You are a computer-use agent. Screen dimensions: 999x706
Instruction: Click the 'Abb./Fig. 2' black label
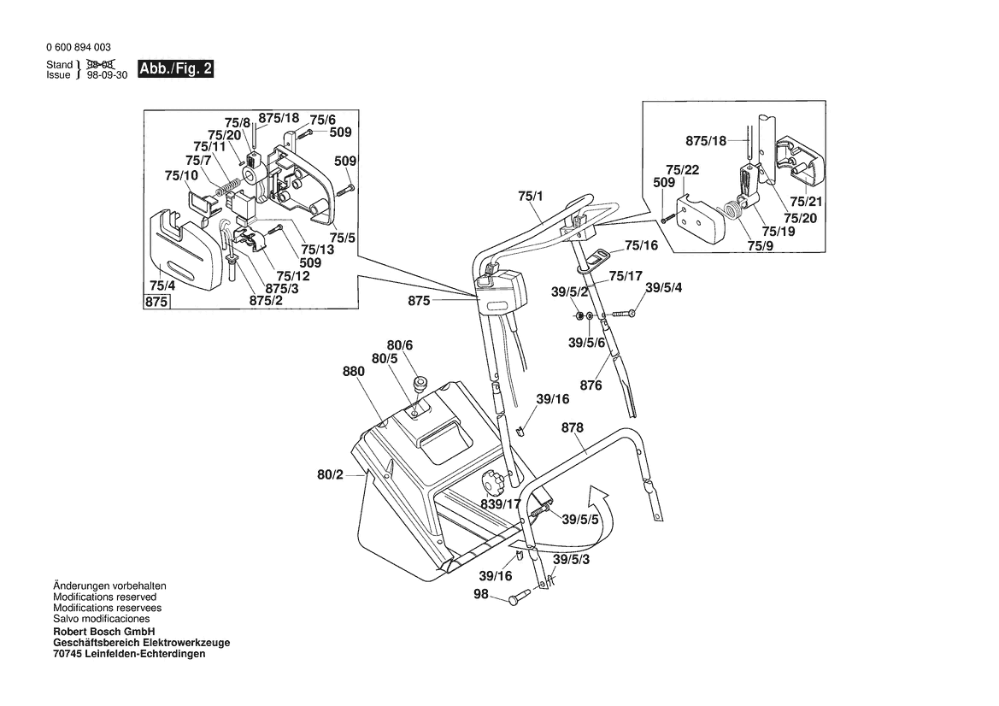[176, 69]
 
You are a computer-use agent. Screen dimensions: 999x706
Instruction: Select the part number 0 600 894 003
[79, 47]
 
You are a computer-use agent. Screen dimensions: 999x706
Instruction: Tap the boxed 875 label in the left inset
[156, 302]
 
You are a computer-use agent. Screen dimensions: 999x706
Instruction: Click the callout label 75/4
[162, 285]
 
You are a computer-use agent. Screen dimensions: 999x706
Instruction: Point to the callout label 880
[354, 372]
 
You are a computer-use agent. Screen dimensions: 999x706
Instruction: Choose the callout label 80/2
[330, 474]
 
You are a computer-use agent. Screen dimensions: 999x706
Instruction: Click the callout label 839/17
[501, 504]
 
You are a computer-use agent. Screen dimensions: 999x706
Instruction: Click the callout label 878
[572, 427]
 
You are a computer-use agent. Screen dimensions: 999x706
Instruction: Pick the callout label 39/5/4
[664, 288]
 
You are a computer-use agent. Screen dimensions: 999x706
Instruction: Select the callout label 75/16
[642, 245]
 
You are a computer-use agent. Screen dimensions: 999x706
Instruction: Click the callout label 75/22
[682, 170]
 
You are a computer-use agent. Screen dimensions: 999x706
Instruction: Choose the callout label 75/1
[530, 197]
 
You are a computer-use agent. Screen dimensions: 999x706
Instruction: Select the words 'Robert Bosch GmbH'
[104, 632]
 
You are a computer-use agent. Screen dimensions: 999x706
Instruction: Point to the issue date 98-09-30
[107, 75]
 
